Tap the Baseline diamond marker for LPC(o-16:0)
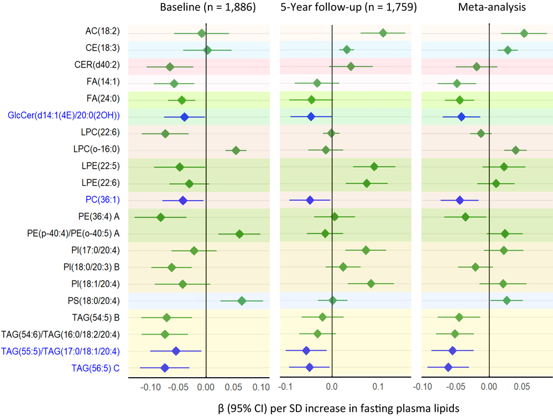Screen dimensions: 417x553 [x=236, y=150]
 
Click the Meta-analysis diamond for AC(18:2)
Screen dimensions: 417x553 [x=524, y=34]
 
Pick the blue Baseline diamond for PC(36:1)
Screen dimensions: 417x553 [x=183, y=200]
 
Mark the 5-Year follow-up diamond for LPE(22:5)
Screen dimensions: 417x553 [x=374, y=166]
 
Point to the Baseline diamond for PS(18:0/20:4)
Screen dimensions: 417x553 [x=242, y=300]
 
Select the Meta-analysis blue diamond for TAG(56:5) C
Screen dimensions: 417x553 [x=448, y=367]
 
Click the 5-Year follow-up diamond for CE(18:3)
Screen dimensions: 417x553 [x=347, y=50]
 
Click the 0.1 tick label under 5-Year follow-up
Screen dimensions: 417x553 [x=378, y=387]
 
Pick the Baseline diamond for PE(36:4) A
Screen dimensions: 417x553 [x=160, y=217]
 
